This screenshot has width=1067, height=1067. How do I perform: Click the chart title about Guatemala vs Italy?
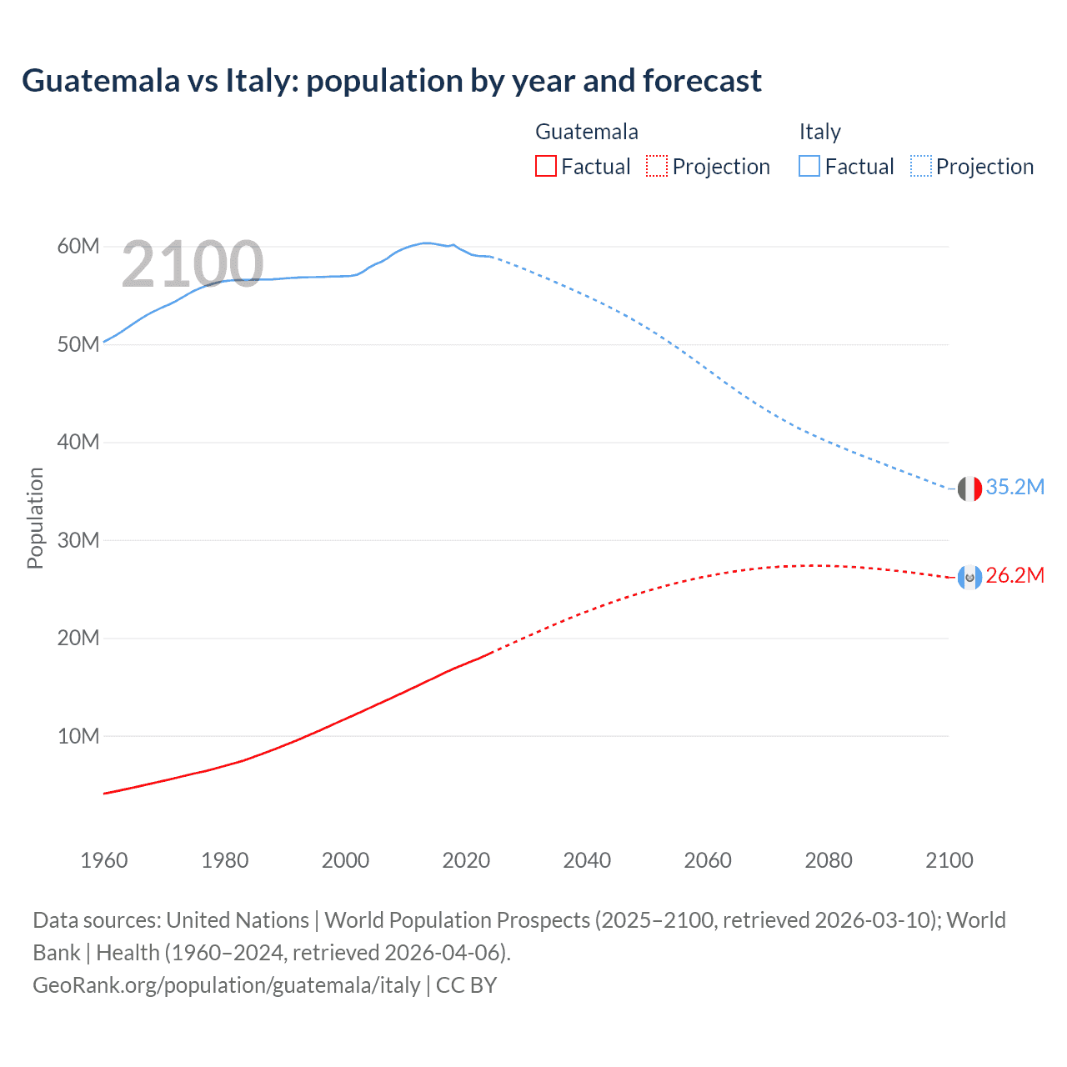pyautogui.click(x=392, y=81)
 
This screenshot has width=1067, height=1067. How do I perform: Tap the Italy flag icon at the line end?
pyautogui.click(x=969, y=488)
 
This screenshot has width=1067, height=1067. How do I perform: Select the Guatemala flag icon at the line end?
pyautogui.click(x=969, y=577)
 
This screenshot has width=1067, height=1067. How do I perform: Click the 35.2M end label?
pyautogui.click(x=1014, y=488)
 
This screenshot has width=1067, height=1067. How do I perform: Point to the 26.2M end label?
pyautogui.click(x=1014, y=576)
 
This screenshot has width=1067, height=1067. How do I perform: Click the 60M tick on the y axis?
pyautogui.click(x=78, y=247)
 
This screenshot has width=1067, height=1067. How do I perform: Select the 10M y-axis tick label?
pyautogui.click(x=78, y=737)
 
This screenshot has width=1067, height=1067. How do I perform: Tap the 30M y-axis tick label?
pyautogui.click(x=78, y=541)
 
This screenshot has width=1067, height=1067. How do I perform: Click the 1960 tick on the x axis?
pyautogui.click(x=104, y=861)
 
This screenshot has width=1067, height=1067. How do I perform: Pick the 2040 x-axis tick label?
pyautogui.click(x=587, y=861)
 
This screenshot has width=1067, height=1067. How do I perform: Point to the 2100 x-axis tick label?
pyautogui.click(x=949, y=861)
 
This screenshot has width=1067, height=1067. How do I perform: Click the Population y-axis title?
pyautogui.click(x=35, y=518)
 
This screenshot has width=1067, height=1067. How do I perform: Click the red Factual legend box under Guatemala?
pyautogui.click(x=546, y=167)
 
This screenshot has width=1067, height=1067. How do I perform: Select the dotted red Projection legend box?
pyautogui.click(x=657, y=167)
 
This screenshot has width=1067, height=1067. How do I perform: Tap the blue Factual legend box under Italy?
pyautogui.click(x=809, y=167)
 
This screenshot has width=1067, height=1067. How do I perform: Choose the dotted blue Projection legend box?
pyautogui.click(x=921, y=167)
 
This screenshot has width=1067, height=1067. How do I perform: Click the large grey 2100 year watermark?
pyautogui.click(x=193, y=265)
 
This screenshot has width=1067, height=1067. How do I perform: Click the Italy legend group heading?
pyautogui.click(x=820, y=132)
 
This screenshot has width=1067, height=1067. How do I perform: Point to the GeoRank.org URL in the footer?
pyautogui.click(x=227, y=985)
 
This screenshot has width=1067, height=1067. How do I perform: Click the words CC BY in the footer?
pyautogui.click(x=467, y=985)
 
